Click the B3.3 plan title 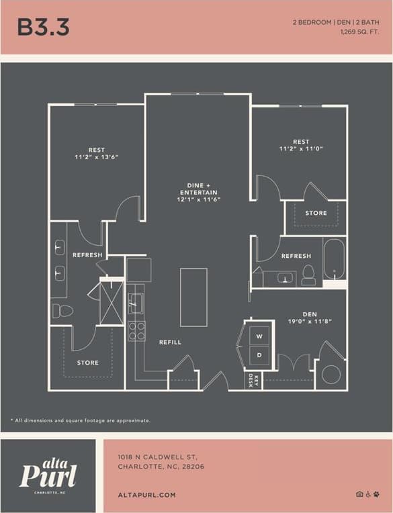point(43,28)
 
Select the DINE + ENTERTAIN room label point(199,188)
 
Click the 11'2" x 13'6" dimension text point(96,157)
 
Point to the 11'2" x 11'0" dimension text point(300,150)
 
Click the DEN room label point(309,313)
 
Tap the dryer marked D point(259,354)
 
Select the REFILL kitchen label point(170,342)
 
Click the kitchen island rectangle point(193,297)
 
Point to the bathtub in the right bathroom point(334,259)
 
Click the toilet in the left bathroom point(62,311)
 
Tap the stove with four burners point(136,330)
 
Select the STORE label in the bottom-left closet point(87,363)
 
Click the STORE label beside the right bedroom point(316,213)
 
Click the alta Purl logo point(48,474)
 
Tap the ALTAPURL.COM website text point(146,495)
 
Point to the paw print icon point(378,494)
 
